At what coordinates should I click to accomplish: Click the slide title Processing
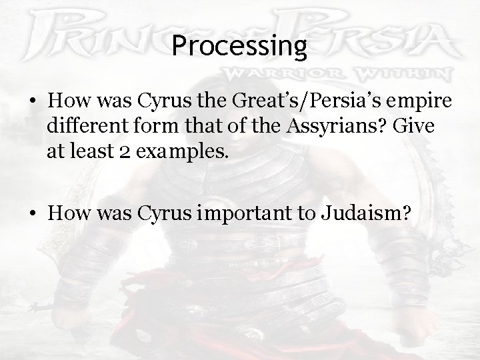click(239, 45)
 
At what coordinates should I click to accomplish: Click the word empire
click(424, 102)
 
